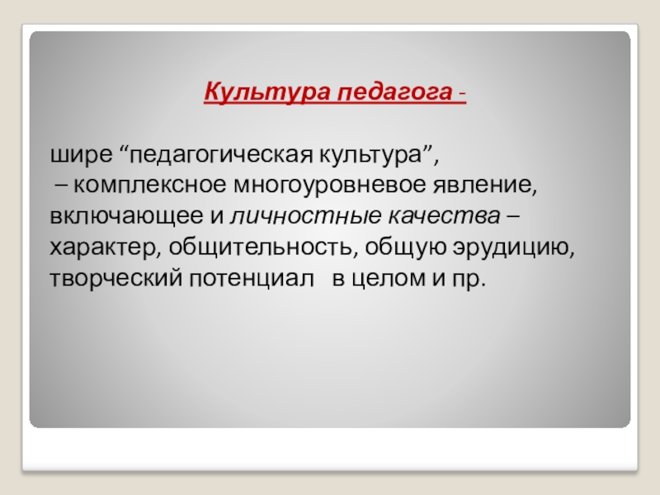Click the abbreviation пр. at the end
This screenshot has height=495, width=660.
coord(472,279)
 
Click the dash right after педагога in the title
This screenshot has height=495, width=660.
coord(460,91)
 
